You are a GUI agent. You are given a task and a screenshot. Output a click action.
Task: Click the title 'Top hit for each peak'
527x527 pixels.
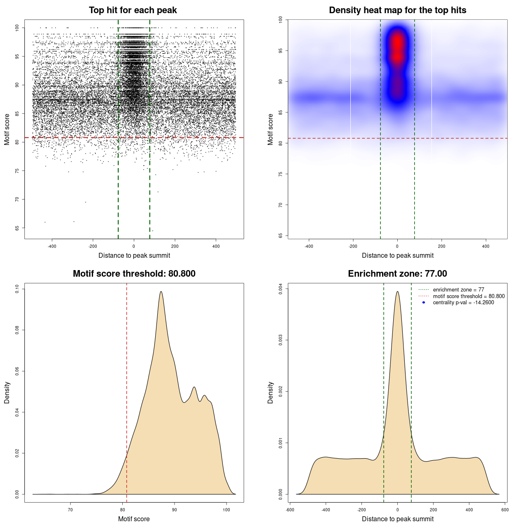pos(133,10)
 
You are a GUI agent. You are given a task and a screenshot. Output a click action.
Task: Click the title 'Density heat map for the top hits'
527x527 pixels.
pos(397,10)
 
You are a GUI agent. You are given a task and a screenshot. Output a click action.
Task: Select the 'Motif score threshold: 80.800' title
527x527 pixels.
pos(134,274)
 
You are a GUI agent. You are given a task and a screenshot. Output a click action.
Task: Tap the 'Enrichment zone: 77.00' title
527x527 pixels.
pos(397,274)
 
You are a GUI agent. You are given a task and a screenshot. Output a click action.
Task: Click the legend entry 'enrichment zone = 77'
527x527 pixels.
pos(458,290)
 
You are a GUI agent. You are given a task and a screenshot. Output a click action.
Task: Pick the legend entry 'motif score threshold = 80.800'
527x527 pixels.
pos(469,296)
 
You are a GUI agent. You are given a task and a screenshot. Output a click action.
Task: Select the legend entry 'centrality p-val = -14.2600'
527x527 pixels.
pos(463,303)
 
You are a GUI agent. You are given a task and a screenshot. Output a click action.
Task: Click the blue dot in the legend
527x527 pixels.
pos(424,303)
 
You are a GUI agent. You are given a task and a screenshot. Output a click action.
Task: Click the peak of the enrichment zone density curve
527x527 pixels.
pos(397,291)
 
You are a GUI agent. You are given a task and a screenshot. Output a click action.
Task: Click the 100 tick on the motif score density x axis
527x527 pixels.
pos(226,510)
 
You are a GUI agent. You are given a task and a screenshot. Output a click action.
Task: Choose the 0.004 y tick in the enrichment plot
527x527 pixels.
pos(280,289)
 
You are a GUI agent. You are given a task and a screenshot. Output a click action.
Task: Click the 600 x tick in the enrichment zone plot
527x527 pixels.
pos(505,510)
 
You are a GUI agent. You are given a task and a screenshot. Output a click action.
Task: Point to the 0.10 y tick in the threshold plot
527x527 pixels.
pos(17,289)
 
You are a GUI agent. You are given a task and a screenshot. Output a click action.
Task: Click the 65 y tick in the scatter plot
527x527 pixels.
pos(17,228)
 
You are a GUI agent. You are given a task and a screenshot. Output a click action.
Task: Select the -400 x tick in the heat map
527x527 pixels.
pos(309,246)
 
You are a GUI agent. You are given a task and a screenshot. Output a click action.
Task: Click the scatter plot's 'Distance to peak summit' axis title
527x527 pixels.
pos(134,256)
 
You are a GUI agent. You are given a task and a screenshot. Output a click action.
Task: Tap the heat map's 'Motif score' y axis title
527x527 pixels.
pos(270,129)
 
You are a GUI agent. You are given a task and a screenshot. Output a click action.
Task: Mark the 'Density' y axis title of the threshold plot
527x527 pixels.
pos(7,393)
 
